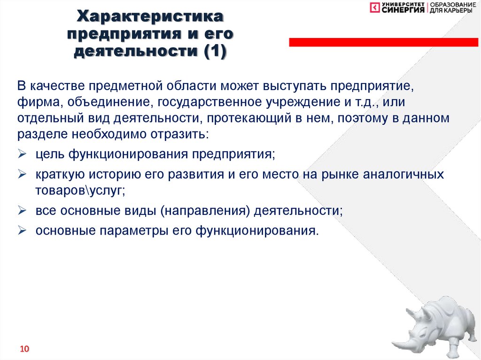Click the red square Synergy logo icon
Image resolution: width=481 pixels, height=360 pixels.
[x=373, y=8]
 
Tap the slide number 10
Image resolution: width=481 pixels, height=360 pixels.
[x=24, y=349]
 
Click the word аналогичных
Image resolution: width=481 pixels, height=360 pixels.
[x=403, y=174]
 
